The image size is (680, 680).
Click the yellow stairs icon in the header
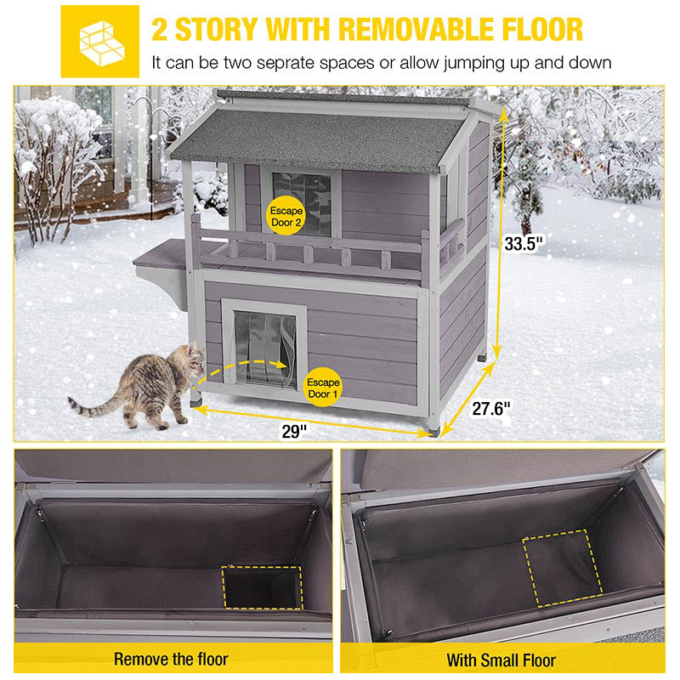tap(99, 41)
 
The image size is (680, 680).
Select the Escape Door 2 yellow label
tap(285, 212)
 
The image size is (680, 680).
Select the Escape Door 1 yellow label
tap(322, 388)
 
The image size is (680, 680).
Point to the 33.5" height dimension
tap(523, 243)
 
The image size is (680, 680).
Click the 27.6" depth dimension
tap(490, 408)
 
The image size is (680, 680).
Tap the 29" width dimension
tap(294, 430)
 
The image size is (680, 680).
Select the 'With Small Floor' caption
tap(501, 659)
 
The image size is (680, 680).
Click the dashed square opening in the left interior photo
tap(261, 587)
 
